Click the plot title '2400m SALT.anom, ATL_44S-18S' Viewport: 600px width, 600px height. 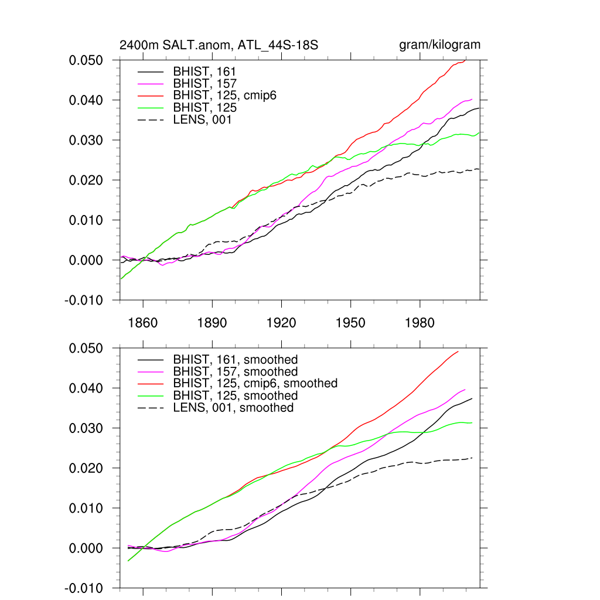pyautogui.click(x=219, y=45)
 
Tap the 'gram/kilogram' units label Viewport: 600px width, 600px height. pyautogui.click(x=439, y=45)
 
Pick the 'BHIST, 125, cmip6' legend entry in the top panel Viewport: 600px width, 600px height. pyautogui.click(x=224, y=96)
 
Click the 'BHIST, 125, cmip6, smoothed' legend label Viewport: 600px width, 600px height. pyautogui.click(x=255, y=383)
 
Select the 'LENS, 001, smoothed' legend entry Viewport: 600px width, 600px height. pyautogui.click(x=233, y=407)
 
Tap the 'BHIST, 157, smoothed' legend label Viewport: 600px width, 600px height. pyautogui.click(x=236, y=371)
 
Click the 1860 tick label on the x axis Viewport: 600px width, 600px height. pyautogui.click(x=143, y=323)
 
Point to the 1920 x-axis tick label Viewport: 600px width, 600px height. pyautogui.click(x=281, y=323)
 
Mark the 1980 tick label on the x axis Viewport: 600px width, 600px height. pyautogui.click(x=420, y=323)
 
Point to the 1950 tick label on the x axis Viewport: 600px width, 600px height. pyautogui.click(x=350, y=323)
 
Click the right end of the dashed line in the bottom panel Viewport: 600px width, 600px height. pyautogui.click(x=472, y=458)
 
